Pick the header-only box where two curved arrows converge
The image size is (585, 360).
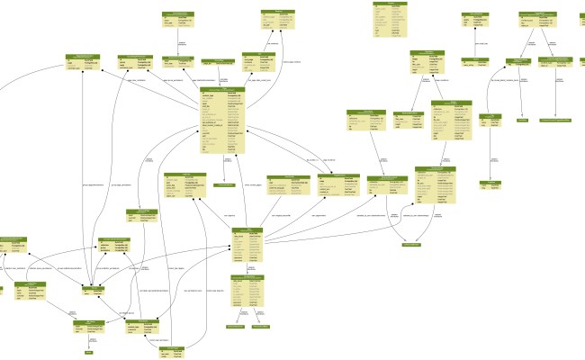click(411, 244)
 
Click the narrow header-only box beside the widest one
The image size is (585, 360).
click(522, 119)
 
